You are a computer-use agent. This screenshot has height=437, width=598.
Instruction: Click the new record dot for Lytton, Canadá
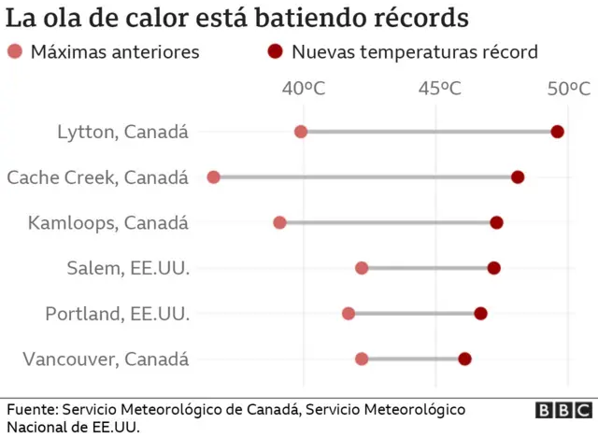(x=557, y=132)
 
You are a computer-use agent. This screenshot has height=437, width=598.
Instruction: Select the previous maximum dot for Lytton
(x=301, y=132)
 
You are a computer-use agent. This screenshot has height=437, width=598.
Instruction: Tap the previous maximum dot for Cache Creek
(x=213, y=177)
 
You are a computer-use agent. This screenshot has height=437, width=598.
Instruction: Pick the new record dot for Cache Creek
(x=518, y=177)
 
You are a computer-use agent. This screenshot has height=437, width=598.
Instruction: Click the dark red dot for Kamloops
(x=496, y=222)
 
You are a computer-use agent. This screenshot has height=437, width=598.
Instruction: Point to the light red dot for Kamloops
(x=279, y=222)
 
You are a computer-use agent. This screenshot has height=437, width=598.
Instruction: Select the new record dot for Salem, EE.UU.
(x=493, y=268)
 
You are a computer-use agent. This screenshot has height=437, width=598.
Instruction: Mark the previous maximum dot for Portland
(x=349, y=313)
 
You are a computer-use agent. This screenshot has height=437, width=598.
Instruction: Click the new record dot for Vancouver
(x=464, y=359)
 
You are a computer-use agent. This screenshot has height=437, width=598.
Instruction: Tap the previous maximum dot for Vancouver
(x=362, y=359)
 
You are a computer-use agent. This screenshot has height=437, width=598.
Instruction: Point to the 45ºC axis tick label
(x=439, y=89)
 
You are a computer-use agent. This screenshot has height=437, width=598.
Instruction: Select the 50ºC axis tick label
(x=568, y=89)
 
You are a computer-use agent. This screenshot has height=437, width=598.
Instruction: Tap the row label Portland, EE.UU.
(x=117, y=314)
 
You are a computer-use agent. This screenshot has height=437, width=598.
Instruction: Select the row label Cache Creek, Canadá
(x=97, y=177)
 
